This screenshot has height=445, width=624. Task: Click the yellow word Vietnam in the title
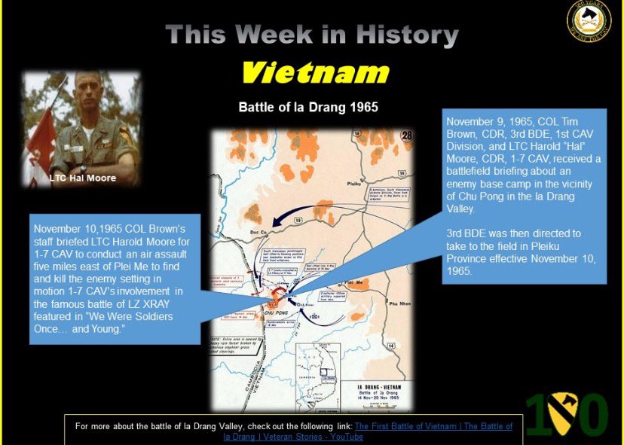click(x=314, y=73)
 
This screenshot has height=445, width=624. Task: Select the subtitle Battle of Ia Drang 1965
click(x=308, y=107)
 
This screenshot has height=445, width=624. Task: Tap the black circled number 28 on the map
click(x=406, y=136)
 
